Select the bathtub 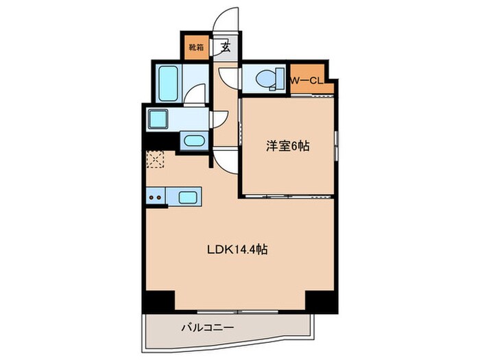pos(167,82)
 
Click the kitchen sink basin pos(189,197)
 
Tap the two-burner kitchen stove pos(156,198)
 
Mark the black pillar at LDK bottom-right pos(320,300)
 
